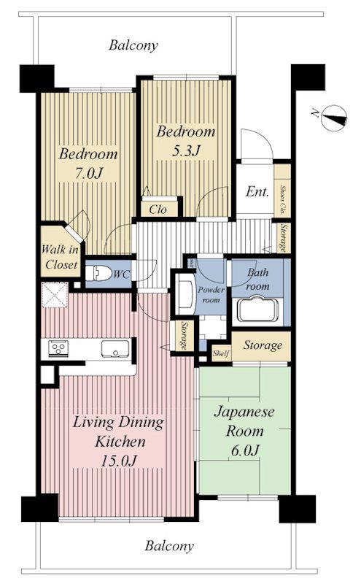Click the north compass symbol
tap(334, 118)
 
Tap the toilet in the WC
tap(98, 273)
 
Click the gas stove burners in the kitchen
tap(58, 348)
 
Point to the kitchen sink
tap(115, 349)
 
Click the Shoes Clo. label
tap(283, 201)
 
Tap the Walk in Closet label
tap(60, 257)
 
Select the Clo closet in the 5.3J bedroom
tap(158, 209)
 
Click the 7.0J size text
tap(89, 173)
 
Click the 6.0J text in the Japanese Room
tap(245, 450)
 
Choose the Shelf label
tap(221, 353)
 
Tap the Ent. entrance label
tap(257, 191)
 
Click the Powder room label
tap(211, 294)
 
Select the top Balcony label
tap(133, 45)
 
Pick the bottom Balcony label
tap(169, 545)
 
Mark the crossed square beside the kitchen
tap(55, 295)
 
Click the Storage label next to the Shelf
tap(263, 345)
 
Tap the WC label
tap(122, 274)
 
